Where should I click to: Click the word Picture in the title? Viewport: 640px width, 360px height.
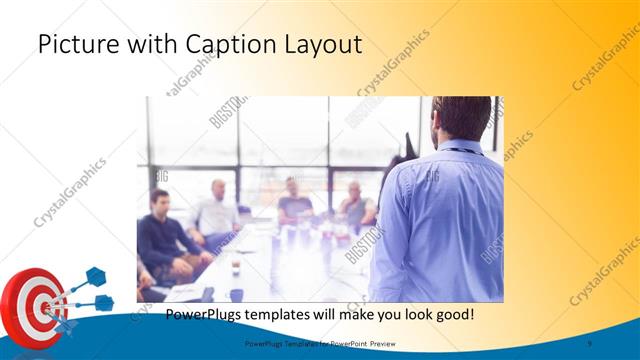71,45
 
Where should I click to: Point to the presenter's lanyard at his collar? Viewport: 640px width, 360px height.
459,151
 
